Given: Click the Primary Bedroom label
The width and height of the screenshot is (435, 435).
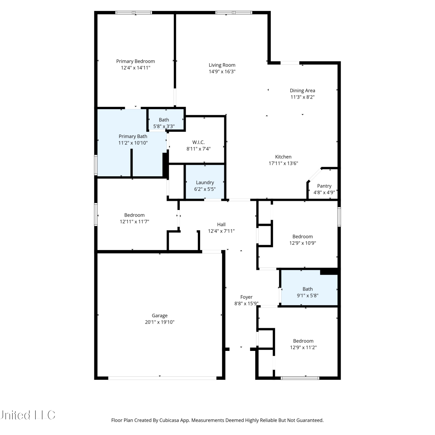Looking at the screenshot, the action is [x=135, y=61].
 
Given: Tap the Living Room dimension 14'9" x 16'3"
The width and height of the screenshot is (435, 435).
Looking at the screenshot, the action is [x=222, y=71].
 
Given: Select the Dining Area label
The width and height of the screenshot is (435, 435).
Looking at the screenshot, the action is [x=302, y=90].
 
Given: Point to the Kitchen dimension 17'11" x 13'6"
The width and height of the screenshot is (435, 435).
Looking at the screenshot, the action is [x=283, y=163].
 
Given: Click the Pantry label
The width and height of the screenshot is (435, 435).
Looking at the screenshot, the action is [x=324, y=186].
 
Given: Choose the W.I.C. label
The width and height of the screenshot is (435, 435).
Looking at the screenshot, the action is [x=198, y=142].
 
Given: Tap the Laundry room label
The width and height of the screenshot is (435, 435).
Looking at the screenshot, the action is [x=205, y=182].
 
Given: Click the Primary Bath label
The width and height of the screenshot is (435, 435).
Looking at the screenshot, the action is [x=133, y=136].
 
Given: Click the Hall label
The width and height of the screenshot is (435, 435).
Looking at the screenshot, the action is [x=221, y=224].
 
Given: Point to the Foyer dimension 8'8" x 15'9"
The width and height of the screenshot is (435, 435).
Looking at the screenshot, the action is [x=246, y=304].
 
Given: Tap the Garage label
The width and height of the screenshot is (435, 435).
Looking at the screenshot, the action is [x=160, y=316].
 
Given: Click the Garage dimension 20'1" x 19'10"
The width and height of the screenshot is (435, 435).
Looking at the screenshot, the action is [x=160, y=322].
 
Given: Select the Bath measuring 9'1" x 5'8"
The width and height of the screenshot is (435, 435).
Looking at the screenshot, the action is [x=309, y=288].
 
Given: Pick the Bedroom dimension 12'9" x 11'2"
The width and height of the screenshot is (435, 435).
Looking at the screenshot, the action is [x=303, y=347].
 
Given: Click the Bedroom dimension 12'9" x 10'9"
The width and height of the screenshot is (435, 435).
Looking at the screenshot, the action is [x=303, y=243].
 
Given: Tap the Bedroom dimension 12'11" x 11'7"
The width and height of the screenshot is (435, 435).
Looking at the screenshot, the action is [x=135, y=222].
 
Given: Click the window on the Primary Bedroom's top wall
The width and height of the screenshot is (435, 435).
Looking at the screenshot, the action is [x=134, y=12].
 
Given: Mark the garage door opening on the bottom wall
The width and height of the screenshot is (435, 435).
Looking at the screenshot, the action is [x=162, y=378].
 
